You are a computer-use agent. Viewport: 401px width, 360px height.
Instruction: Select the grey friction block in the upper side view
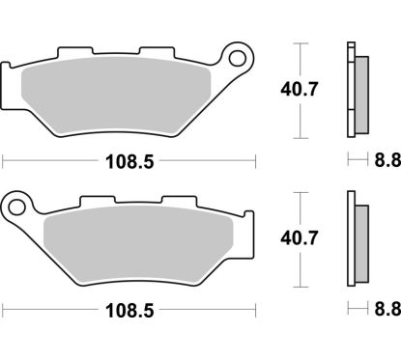tap(360, 94)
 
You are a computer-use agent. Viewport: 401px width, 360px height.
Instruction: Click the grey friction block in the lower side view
tap(360, 241)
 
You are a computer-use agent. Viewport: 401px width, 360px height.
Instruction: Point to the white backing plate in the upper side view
tap(350, 94)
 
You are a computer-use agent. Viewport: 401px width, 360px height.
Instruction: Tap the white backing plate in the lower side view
tap(350, 241)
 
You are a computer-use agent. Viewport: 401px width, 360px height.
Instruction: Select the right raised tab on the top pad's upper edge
tap(155, 53)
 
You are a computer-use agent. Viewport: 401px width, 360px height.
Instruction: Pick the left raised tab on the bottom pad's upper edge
tap(95, 202)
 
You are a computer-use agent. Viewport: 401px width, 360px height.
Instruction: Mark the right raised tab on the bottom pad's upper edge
tap(175, 202)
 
